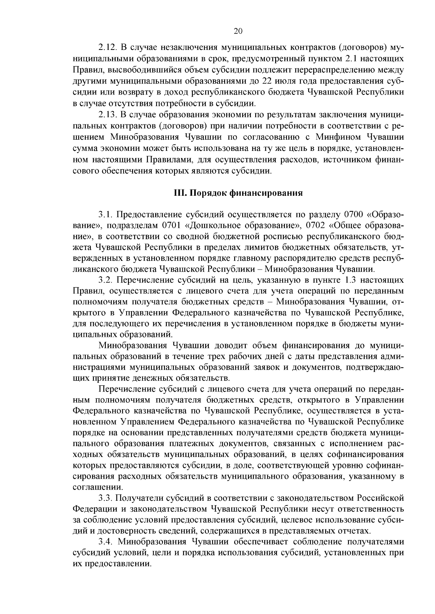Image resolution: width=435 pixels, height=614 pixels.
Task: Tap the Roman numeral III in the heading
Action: (179, 193)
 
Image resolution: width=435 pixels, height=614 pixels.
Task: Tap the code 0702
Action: (315, 225)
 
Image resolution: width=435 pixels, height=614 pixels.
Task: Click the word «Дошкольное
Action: (211, 225)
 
